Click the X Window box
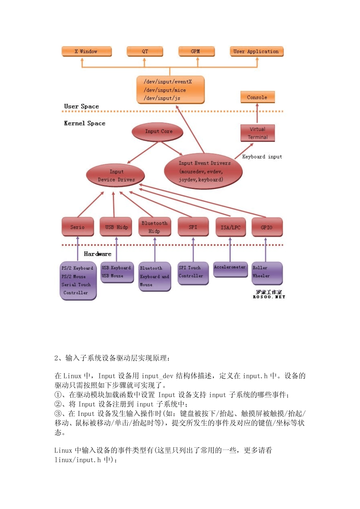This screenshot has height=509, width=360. pyautogui.click(x=86, y=52)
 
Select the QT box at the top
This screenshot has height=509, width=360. pyautogui.click(x=145, y=52)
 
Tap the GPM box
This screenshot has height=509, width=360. pyautogui.click(x=196, y=52)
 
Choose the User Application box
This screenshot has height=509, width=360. pyautogui.click(x=256, y=52)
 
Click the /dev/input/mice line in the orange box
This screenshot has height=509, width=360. pyautogui.click(x=165, y=90)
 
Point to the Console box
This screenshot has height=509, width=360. pyautogui.click(x=257, y=97)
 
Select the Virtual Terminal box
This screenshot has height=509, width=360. pyautogui.click(x=258, y=133)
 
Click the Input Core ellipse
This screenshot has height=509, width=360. pyautogui.click(x=158, y=131)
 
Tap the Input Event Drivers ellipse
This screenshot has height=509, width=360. pyautogui.click(x=203, y=171)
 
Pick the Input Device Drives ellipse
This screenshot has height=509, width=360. pyautogui.click(x=116, y=176)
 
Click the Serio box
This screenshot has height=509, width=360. pyautogui.click(x=78, y=227)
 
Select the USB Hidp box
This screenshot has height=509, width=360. pyautogui.click(x=116, y=227)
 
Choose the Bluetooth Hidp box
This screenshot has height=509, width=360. pyautogui.click(x=154, y=227)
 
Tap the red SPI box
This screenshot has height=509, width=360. pyautogui.click(x=193, y=227)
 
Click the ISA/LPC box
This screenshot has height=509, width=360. pyautogui.click(x=230, y=227)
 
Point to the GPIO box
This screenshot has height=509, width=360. pyautogui.click(x=267, y=227)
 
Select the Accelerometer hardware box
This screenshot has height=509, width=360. pyautogui.click(x=230, y=269)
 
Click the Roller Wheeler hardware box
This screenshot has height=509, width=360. pyautogui.click(x=267, y=273)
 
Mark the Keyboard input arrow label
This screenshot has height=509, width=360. pyautogui.click(x=262, y=157)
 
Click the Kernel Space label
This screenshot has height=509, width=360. pyautogui.click(x=85, y=123)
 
